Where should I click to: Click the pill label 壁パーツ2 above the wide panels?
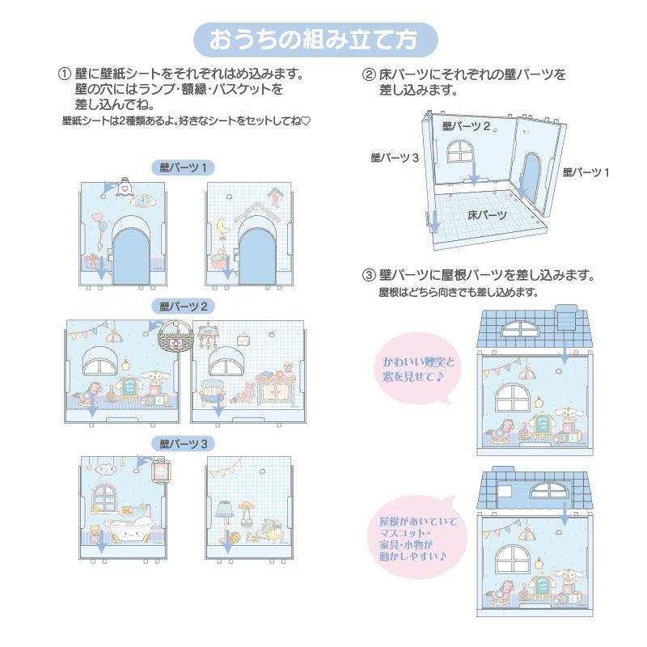pyautogui.click(x=184, y=307)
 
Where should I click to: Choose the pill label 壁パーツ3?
pyautogui.click(x=184, y=442)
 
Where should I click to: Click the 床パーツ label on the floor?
pyautogui.click(x=487, y=214)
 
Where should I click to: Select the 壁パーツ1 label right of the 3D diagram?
pyautogui.click(x=586, y=172)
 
